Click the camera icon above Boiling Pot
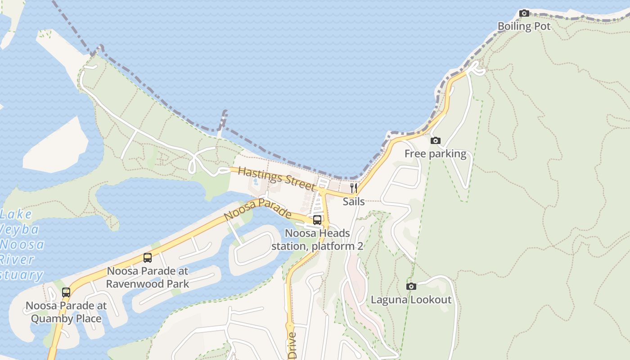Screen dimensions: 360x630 (524, 13)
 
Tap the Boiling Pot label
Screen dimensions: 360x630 (524, 27)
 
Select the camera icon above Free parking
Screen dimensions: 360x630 (435, 141)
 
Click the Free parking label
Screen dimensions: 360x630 (435, 154)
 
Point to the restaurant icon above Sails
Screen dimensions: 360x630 (354, 188)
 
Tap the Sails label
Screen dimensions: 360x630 (354, 202)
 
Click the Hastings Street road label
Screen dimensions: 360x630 (276, 178)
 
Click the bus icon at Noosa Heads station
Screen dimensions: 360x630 (317, 220)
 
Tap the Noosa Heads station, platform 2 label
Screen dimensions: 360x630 (317, 240)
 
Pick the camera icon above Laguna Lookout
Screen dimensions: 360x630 (411, 287)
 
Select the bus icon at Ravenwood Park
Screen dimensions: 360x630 (148, 258)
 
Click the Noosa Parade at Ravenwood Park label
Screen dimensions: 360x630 (148, 278)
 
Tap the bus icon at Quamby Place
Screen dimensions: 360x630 (66, 292)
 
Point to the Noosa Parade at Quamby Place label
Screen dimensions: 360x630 (66, 312)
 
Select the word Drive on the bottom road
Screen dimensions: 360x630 (292, 345)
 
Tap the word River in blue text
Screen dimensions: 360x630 (17, 260)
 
